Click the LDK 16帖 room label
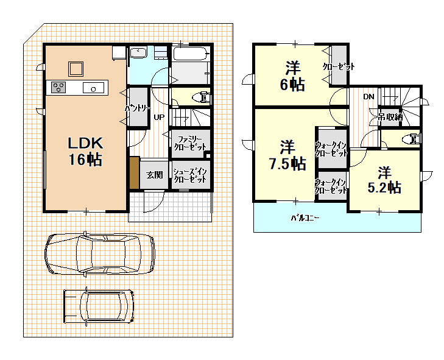point(85,152)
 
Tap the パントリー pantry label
point(138,108)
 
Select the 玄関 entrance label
point(155,175)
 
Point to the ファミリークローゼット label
point(190,143)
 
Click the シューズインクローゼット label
point(190,175)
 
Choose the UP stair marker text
point(159,117)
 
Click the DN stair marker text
point(368,97)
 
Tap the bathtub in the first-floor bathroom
point(191,54)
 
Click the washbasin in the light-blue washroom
point(138,52)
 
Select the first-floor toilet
point(202,97)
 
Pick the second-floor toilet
point(412,139)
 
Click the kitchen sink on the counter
point(93,88)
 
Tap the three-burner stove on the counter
point(58,87)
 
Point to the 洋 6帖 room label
point(292,76)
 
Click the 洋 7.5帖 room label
point(287,155)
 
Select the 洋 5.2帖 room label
point(384,180)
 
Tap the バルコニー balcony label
point(305,218)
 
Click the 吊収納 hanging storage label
point(390,117)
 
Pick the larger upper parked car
point(100,254)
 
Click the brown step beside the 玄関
point(135,173)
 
